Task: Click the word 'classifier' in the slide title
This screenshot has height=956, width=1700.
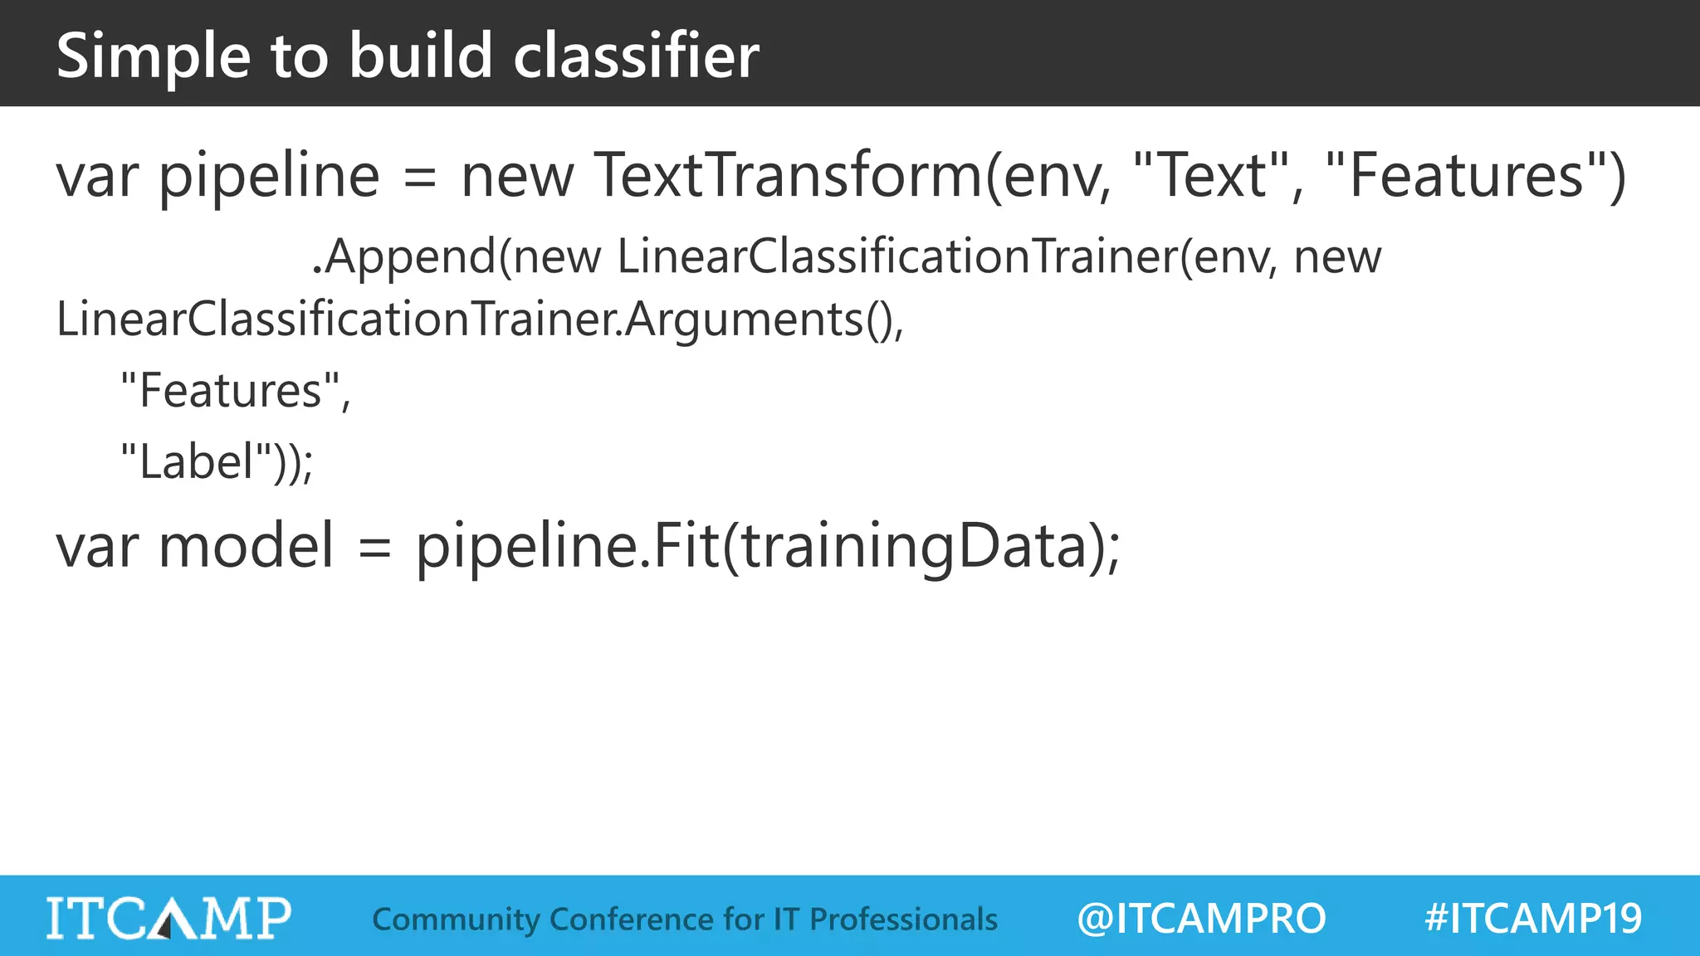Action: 636,56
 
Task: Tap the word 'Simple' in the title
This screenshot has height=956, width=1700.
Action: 153,56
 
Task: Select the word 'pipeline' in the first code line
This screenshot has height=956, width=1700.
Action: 269,176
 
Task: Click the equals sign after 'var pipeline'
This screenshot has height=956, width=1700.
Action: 420,178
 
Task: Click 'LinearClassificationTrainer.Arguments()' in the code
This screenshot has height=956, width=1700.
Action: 479,319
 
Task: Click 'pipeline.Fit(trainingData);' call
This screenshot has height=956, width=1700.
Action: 768,547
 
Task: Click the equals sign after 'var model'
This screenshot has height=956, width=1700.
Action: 374,548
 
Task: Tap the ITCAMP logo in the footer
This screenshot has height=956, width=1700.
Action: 169,918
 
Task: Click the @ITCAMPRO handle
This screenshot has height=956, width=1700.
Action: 1201,918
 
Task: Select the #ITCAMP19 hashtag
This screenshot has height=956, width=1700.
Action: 1532,918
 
